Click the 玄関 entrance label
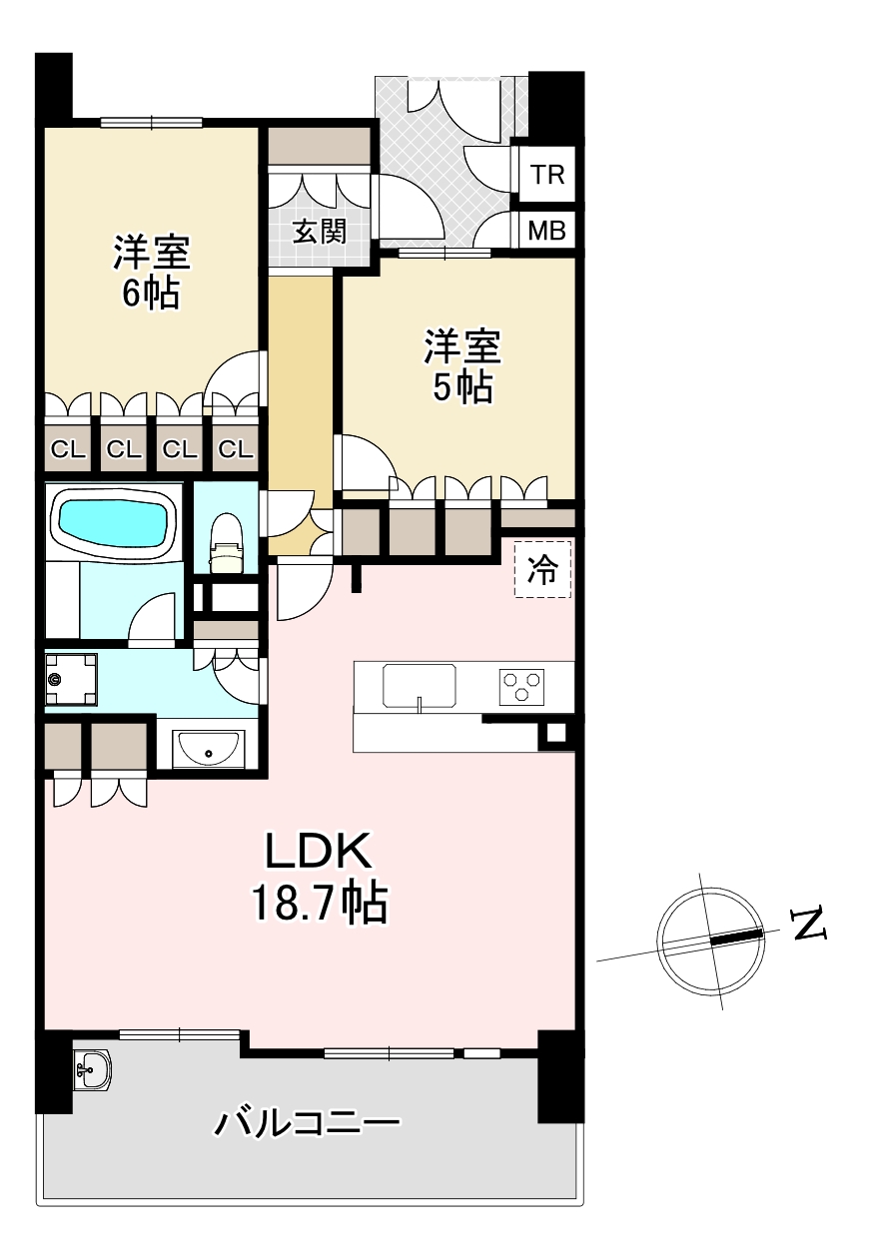319,232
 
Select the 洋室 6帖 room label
152,272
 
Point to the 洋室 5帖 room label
462,365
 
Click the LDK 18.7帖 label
319,877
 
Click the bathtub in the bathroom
114,522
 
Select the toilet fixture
226,542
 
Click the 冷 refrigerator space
542,569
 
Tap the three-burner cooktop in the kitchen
521,687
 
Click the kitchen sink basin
420,686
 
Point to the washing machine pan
71,680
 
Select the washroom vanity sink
208,749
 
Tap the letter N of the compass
809,924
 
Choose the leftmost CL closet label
68,449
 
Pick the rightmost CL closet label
235,449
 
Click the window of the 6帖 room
152,122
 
